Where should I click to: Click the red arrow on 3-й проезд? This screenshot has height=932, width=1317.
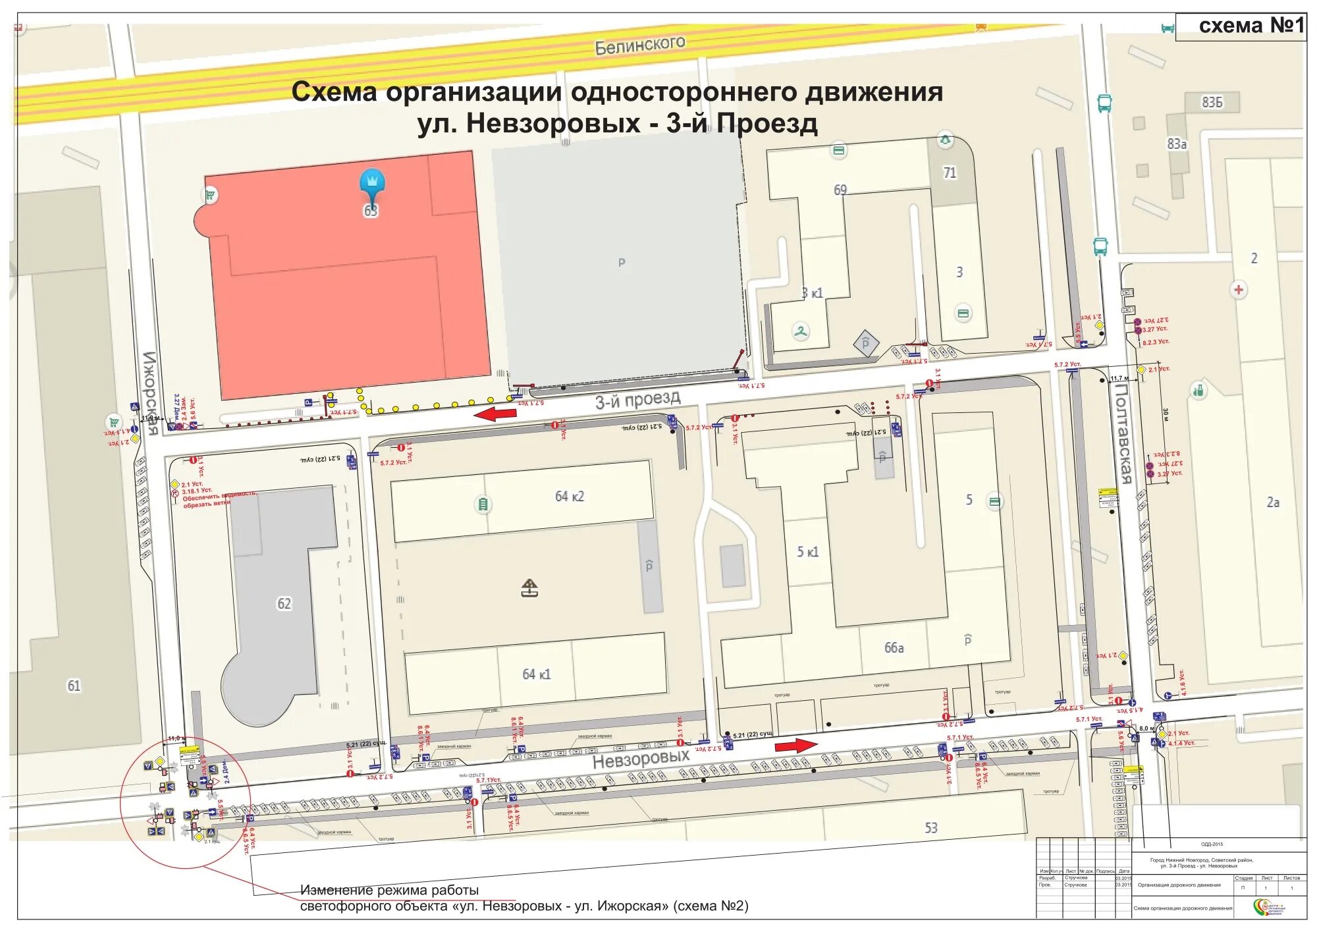pyautogui.click(x=496, y=414)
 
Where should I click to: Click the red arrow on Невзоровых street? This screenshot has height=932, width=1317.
pyautogui.click(x=795, y=745)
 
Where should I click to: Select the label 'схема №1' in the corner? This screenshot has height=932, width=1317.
pyautogui.click(x=1251, y=26)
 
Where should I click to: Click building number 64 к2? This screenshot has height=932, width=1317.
pyautogui.click(x=569, y=496)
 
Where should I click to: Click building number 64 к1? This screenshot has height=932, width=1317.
pyautogui.click(x=536, y=674)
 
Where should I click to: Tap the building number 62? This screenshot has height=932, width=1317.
pyautogui.click(x=284, y=603)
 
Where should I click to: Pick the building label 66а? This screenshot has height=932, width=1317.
pyautogui.click(x=894, y=647)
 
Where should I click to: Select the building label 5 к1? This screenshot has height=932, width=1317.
pyautogui.click(x=807, y=551)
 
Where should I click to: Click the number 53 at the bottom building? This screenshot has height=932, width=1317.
pyautogui.click(x=930, y=827)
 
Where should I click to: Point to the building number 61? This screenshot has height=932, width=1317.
pyautogui.click(x=74, y=686)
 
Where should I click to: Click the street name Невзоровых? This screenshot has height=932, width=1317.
pyautogui.click(x=641, y=759)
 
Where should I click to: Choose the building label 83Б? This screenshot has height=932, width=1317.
pyautogui.click(x=1212, y=102)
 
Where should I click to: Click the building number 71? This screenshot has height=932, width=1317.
pyautogui.click(x=950, y=173)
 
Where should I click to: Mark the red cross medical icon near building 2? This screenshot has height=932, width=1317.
pyautogui.click(x=1239, y=289)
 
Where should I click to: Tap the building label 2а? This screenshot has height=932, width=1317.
pyautogui.click(x=1273, y=502)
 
